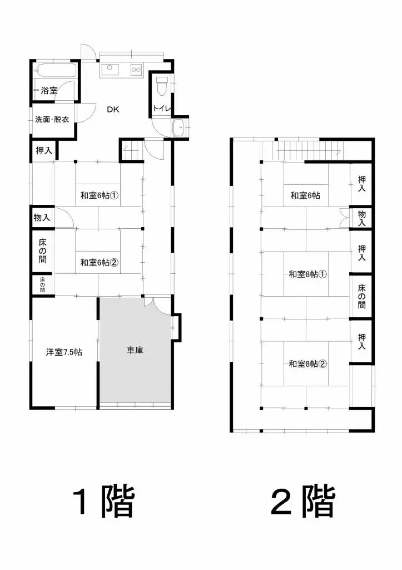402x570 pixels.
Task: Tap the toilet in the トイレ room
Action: pos(162,87)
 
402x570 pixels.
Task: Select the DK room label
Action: pos(114,109)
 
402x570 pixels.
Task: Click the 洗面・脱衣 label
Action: pos(52,119)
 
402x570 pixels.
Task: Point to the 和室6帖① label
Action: pos(101,195)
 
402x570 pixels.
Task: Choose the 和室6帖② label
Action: pos(100,262)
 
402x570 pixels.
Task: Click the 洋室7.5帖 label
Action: pos(64,352)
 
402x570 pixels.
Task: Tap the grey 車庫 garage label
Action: pos(135,351)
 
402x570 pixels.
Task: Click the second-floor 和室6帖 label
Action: pos(305,195)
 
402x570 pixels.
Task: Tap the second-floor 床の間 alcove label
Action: pos(362,296)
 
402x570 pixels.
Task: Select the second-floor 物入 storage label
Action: pos(362,218)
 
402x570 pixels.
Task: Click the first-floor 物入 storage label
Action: pos(42,217)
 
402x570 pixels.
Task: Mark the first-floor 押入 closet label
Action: pos(44,150)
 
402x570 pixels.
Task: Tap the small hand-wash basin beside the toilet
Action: pos(180,129)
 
